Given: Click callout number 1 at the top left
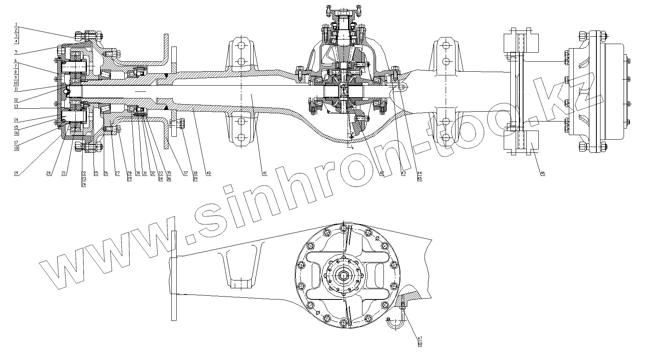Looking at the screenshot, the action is [x=16, y=25].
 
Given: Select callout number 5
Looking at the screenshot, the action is [x=16, y=52].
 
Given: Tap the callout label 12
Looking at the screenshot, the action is [x=16, y=100].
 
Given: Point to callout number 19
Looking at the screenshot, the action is [x=16, y=173].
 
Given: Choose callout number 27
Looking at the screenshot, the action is [x=117, y=173].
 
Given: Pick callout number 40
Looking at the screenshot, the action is [x=208, y=173].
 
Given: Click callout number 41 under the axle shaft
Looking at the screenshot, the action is [x=264, y=173].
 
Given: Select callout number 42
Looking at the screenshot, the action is [x=382, y=173].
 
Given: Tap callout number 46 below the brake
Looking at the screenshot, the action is [x=542, y=173].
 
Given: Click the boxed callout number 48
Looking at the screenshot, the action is [x=420, y=344].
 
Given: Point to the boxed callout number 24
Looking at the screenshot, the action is [x=83, y=184].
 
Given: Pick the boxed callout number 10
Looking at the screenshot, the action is [x=16, y=83].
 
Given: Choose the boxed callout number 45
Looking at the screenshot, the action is [x=420, y=179].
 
